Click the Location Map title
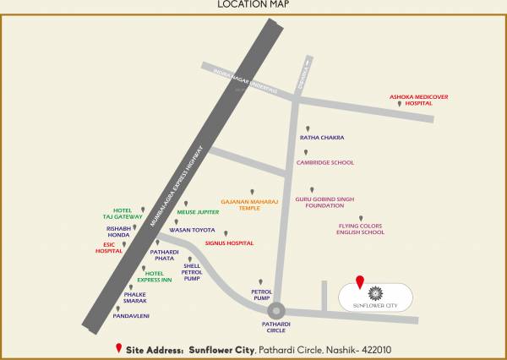point(253,5)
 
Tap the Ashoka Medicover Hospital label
point(417,100)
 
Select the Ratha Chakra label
point(322,137)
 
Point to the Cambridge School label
point(325,162)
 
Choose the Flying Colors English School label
point(361,229)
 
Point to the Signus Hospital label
point(229,243)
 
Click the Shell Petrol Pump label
point(191,270)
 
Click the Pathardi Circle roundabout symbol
point(279,312)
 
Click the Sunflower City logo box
point(377,297)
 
